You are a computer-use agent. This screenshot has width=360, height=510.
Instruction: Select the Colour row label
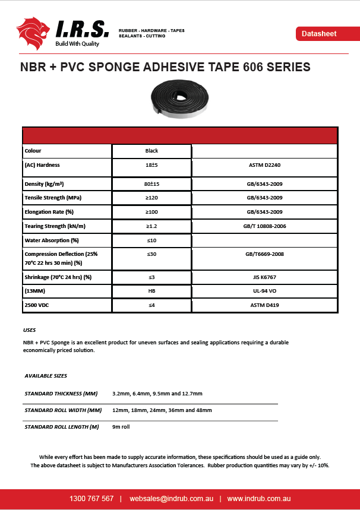(33, 151)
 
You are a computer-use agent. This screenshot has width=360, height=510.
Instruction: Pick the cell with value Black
(151, 151)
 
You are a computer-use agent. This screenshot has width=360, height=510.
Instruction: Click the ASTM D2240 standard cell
(264, 165)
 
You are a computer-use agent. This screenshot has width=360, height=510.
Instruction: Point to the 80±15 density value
(151, 185)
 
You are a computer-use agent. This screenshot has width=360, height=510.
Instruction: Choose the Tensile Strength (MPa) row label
(53, 198)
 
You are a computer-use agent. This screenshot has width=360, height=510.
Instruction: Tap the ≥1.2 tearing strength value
(151, 226)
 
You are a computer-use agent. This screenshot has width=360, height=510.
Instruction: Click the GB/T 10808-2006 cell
(264, 226)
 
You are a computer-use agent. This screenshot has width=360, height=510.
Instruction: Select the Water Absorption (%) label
(52, 240)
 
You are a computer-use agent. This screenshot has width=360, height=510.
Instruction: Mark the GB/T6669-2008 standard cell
(264, 254)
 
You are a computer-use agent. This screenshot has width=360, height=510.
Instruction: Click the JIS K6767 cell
(264, 277)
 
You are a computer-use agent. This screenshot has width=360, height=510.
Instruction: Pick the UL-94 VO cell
(264, 292)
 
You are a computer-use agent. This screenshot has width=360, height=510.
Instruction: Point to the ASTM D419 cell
(264, 306)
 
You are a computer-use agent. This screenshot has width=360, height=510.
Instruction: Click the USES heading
(30, 330)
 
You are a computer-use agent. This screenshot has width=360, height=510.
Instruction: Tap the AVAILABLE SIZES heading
(46, 376)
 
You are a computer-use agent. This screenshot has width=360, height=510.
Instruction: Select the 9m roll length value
(121, 427)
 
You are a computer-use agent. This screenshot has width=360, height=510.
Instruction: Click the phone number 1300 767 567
(91, 499)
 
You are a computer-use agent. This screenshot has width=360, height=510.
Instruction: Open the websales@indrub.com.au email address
(171, 499)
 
